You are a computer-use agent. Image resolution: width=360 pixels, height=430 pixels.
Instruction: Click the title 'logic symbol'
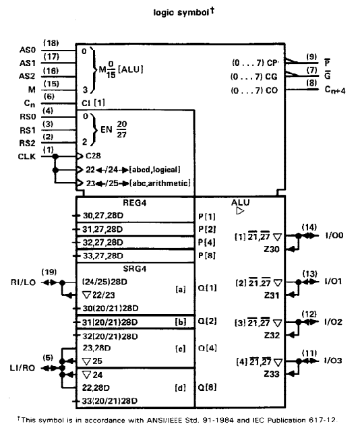(181, 13)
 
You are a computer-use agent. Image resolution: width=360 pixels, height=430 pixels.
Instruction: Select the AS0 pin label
(28, 50)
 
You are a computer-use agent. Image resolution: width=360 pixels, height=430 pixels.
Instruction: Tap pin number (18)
(51, 43)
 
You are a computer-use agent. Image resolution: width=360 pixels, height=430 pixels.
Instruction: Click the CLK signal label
(26, 156)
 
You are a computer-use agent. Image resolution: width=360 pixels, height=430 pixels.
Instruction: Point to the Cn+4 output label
(335, 90)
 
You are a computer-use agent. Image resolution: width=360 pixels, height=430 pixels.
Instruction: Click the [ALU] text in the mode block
(131, 69)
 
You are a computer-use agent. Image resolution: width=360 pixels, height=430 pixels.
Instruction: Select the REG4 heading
(135, 203)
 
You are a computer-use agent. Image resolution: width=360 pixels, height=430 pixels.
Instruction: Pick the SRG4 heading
(135, 269)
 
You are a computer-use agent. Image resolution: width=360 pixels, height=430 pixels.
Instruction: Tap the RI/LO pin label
(24, 282)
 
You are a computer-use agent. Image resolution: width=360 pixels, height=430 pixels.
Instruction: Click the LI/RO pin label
(22, 368)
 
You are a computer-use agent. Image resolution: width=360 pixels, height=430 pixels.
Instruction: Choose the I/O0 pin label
(334, 235)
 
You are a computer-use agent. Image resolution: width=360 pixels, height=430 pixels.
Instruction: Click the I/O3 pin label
(333, 361)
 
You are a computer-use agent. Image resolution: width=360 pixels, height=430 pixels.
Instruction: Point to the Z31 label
(272, 295)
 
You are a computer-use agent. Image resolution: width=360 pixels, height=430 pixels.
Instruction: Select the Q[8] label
(207, 388)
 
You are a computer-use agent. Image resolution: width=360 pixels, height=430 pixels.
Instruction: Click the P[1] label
(207, 216)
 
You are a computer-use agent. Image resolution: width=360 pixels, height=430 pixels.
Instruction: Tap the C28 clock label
(93, 156)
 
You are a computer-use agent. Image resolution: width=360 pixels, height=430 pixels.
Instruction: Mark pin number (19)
(49, 272)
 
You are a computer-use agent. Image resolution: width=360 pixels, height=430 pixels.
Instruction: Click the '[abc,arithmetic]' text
(160, 183)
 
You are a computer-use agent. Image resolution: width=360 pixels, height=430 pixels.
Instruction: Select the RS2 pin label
(28, 143)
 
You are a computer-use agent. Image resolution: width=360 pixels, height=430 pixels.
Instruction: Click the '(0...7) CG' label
(254, 77)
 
